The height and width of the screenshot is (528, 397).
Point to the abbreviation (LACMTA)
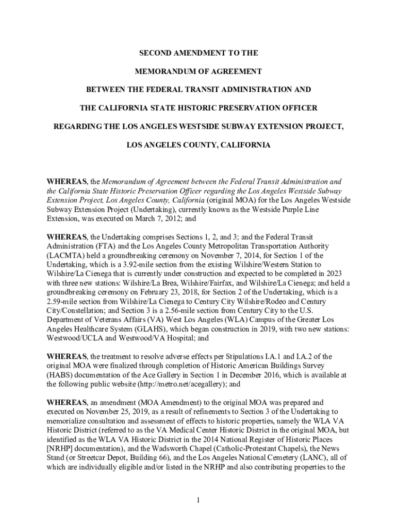coord(65,256)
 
